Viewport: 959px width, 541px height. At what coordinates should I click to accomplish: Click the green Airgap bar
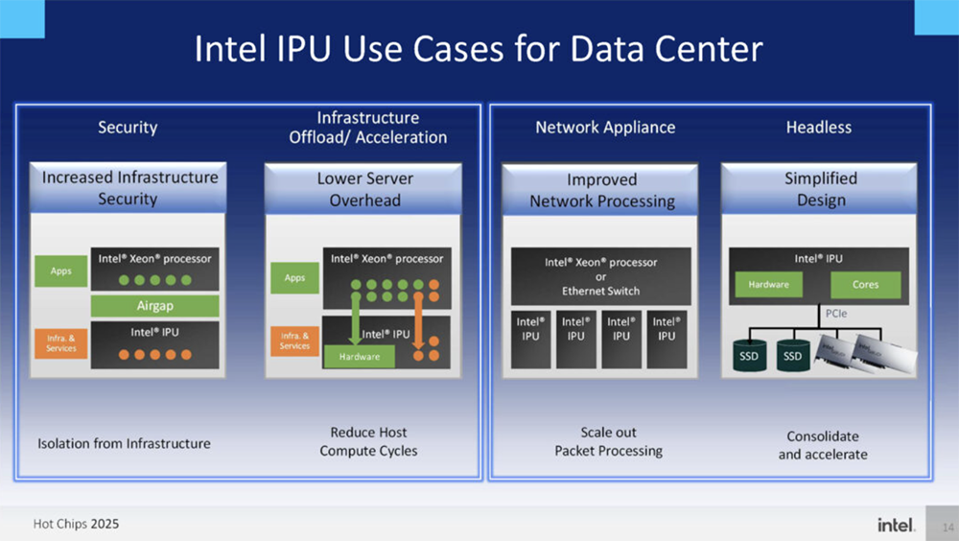(x=154, y=305)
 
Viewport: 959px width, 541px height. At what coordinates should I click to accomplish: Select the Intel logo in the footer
(x=896, y=525)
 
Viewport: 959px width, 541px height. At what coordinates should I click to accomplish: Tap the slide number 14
(x=947, y=527)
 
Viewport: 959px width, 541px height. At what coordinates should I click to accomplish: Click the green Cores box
(x=864, y=285)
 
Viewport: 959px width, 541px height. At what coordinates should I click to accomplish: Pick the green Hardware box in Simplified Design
(x=768, y=285)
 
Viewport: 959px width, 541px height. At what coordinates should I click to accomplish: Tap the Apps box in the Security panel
(x=59, y=271)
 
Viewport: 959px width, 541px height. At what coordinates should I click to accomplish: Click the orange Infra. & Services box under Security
(x=60, y=342)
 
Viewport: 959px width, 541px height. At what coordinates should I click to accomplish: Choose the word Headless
(x=818, y=127)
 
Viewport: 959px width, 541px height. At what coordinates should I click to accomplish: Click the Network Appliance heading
(x=605, y=127)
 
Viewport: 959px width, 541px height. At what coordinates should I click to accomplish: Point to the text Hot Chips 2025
(x=76, y=525)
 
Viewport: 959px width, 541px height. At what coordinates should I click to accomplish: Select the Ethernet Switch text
(x=600, y=291)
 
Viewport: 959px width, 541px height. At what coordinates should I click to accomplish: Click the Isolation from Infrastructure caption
(x=124, y=443)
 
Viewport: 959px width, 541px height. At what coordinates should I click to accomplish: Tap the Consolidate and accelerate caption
(x=822, y=445)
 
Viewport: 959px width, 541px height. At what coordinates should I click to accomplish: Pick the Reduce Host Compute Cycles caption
(x=368, y=441)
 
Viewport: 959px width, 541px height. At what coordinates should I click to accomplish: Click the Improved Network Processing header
(x=603, y=190)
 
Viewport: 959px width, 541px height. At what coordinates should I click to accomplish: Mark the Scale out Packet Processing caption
(x=608, y=441)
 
